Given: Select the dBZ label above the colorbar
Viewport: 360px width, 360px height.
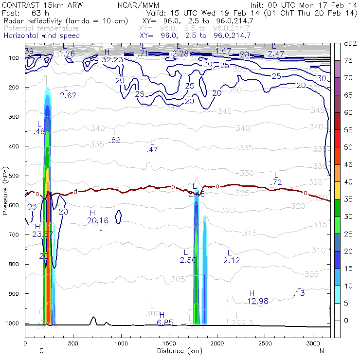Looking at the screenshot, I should coord(350,43).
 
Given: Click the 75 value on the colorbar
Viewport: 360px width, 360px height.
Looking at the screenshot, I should coord(349,61).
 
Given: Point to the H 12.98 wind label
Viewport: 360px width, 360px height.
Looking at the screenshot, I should coord(252,297).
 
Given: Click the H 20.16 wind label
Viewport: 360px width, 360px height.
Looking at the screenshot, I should coord(97,217).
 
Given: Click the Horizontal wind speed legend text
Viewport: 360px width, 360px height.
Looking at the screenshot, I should coord(41,36).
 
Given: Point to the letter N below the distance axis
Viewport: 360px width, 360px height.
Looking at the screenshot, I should coord(322,351).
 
